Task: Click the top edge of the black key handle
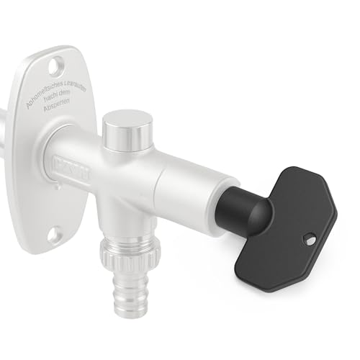pos(295,168)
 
